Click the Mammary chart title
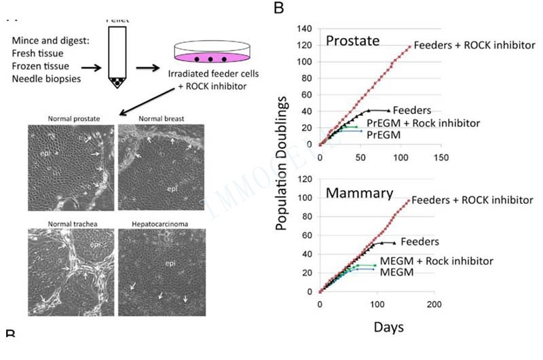(360, 192)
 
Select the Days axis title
(388, 327)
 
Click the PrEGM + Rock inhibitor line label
(424, 123)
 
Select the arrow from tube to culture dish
(146, 68)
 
